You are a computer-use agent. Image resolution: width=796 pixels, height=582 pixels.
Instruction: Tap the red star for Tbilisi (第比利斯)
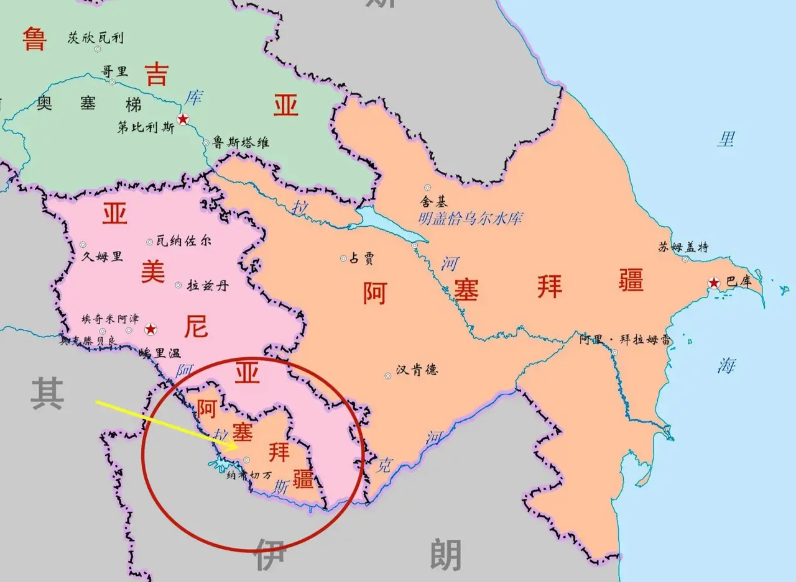[183, 119]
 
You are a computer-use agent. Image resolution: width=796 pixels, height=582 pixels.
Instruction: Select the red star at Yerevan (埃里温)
[150, 329]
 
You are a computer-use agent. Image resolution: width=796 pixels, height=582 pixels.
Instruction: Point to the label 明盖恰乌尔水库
[470, 218]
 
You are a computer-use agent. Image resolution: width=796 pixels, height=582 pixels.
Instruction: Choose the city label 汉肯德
[417, 370]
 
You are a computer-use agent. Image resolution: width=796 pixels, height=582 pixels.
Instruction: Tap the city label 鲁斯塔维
[241, 143]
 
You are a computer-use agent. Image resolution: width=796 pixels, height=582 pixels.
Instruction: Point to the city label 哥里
[114, 71]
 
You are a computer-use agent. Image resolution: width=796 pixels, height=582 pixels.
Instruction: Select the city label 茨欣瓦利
[95, 39]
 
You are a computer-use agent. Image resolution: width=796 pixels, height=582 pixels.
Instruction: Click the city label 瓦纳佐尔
[183, 241]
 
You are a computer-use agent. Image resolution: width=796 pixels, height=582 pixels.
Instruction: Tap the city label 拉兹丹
[202, 286]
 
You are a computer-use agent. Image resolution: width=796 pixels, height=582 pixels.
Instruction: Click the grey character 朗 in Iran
[445, 555]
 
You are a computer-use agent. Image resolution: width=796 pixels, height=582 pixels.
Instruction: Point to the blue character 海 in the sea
[726, 366]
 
